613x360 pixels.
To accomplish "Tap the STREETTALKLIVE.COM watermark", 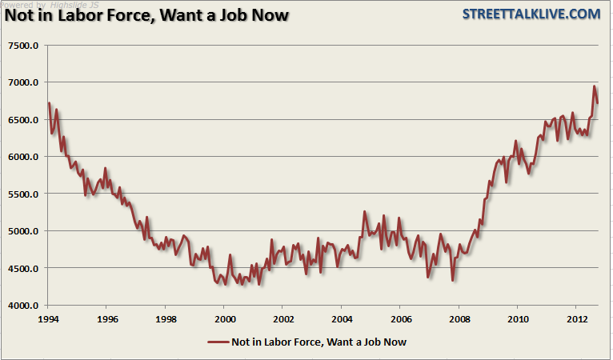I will (530, 14).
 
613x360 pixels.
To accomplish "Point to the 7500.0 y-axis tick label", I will (23, 46).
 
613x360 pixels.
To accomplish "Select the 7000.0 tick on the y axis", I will (23, 82).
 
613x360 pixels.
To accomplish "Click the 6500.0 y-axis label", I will (23, 120).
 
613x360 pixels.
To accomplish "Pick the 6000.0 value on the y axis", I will (23, 157).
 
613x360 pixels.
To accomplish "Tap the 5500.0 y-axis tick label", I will (23, 194).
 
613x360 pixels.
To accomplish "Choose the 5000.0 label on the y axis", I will (23, 231).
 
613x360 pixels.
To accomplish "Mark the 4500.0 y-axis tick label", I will (23, 269).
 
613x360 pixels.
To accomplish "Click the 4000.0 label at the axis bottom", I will (23, 306).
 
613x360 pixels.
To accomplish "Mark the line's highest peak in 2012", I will (594, 86).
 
